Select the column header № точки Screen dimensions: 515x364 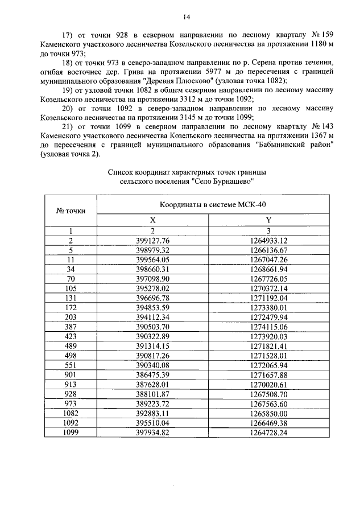coord(71,211)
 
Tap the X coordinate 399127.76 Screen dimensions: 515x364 coord(152,240)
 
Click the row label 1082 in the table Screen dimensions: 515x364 coord(71,413)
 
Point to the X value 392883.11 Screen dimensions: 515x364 coord(152,413)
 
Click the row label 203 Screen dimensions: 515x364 coord(71,317)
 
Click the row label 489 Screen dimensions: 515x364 coord(71,346)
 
